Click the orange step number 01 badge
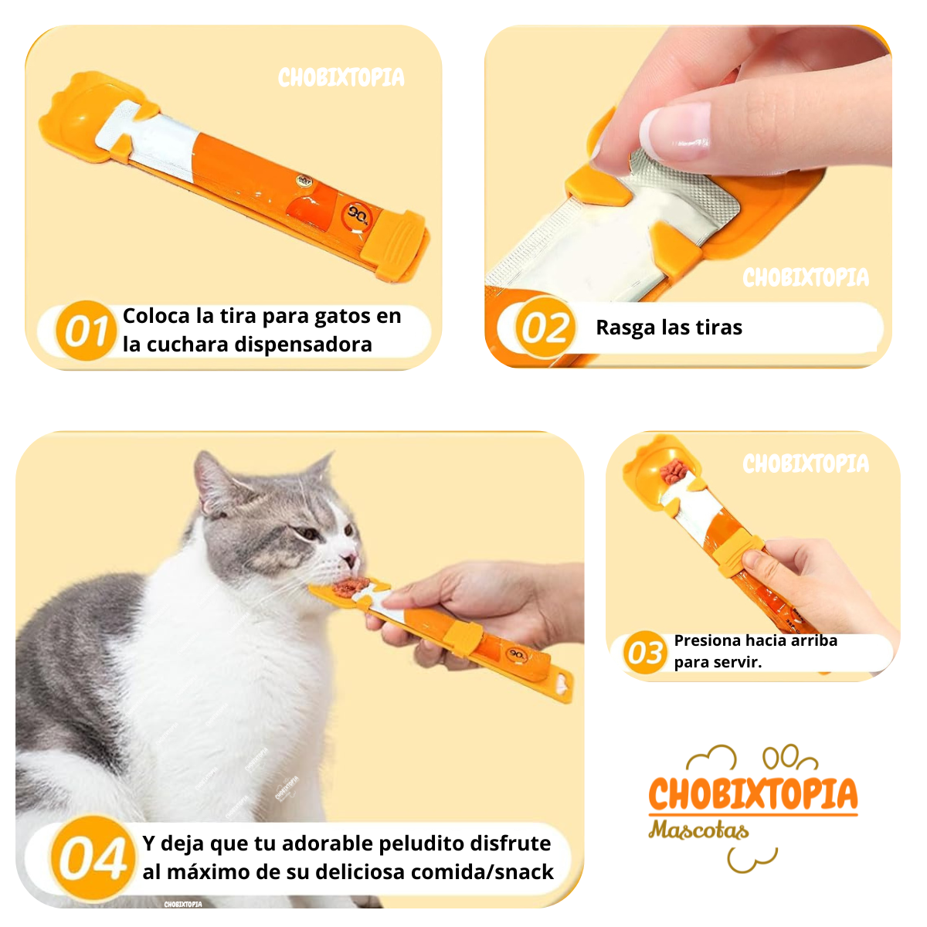(85, 331)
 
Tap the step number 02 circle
(545, 328)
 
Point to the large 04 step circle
(92, 858)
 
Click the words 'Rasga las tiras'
(668, 328)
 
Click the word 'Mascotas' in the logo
(698, 830)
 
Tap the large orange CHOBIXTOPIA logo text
(752, 793)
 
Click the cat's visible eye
(309, 533)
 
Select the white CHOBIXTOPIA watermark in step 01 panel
(341, 77)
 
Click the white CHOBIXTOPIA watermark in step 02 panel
(805, 277)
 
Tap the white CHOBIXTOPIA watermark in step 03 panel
(805, 463)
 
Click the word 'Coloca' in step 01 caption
(156, 316)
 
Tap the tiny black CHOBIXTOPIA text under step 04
(183, 904)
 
